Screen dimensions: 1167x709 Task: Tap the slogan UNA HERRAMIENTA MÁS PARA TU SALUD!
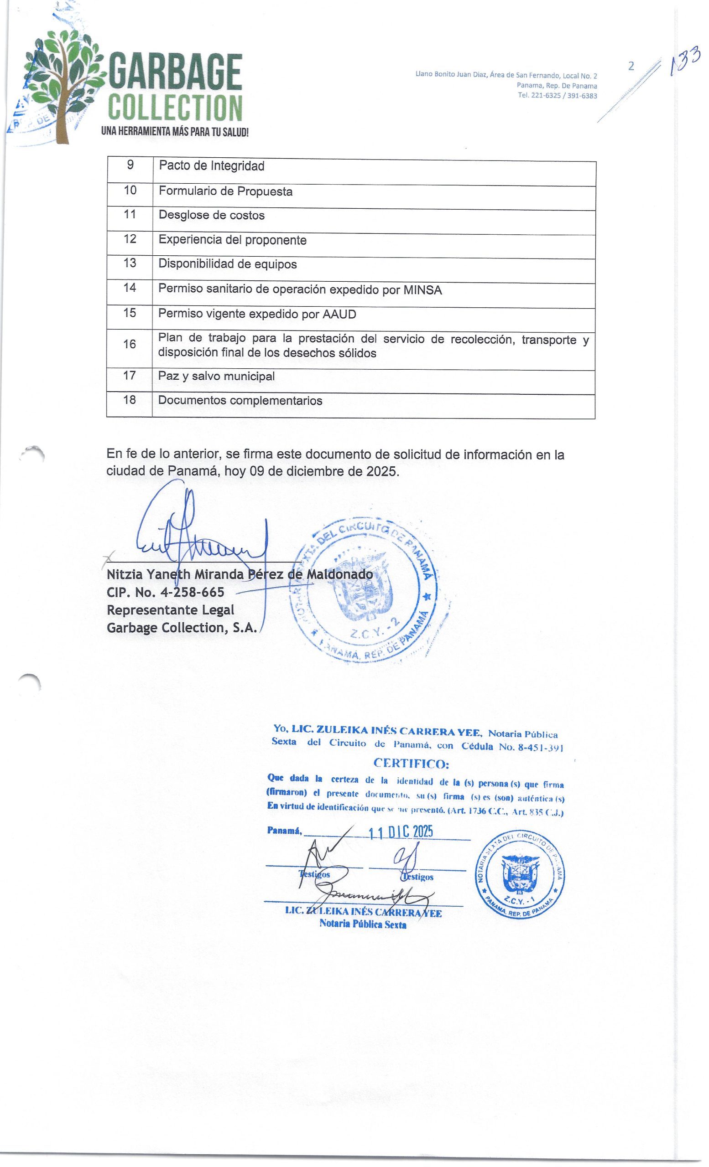[x=175, y=132]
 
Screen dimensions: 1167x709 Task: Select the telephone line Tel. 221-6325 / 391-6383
[x=557, y=96]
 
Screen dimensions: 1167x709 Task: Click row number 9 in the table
[x=130, y=165]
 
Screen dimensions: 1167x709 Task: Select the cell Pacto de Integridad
[x=211, y=166]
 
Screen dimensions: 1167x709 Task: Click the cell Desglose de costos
[x=211, y=216]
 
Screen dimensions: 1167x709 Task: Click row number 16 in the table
[x=130, y=344]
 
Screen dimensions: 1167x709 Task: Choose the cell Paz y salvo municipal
[x=216, y=377]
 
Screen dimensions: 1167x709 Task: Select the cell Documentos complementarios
[x=240, y=401]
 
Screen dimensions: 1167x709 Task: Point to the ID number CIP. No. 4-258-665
[x=166, y=592]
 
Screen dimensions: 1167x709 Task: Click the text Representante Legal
[x=171, y=610]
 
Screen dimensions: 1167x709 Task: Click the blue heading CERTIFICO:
[x=411, y=764]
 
